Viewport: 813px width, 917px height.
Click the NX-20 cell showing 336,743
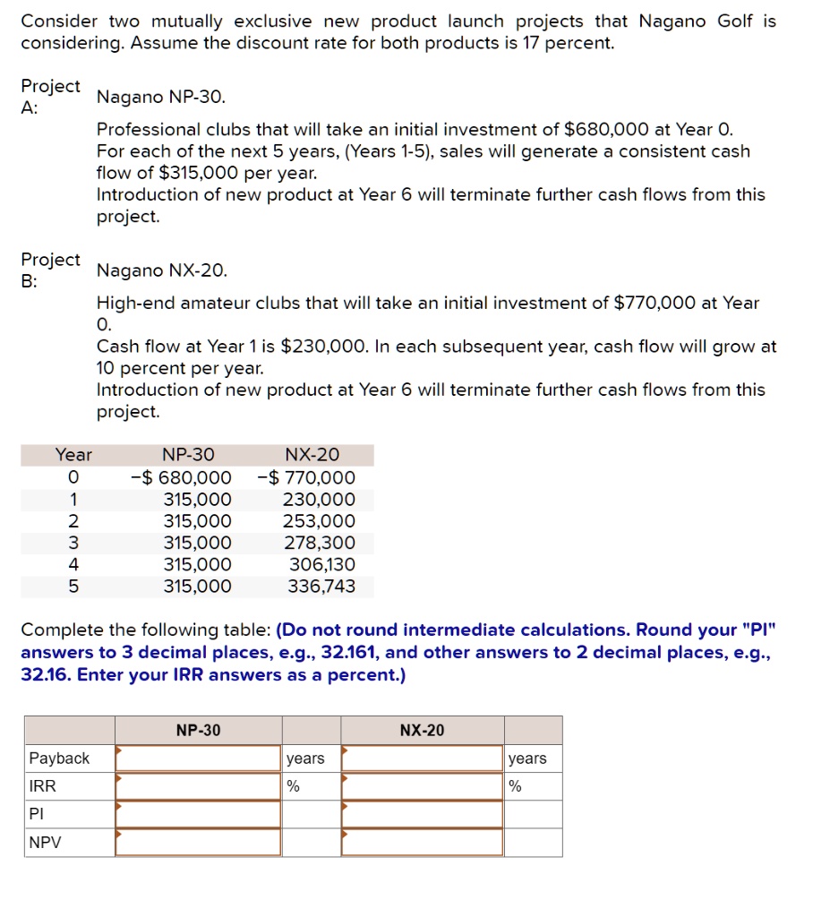pyautogui.click(x=321, y=587)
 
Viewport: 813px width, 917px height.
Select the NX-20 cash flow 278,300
pyautogui.click(x=320, y=543)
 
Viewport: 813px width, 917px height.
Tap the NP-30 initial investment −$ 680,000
pyautogui.click(x=181, y=478)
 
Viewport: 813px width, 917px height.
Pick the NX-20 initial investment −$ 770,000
pyautogui.click(x=306, y=478)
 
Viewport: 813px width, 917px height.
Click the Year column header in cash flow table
pyautogui.click(x=73, y=455)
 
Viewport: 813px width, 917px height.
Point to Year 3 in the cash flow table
pyautogui.click(x=73, y=543)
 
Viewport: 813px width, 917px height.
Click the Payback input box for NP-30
pyautogui.click(x=199, y=758)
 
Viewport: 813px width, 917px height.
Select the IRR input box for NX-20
pyautogui.click(x=423, y=786)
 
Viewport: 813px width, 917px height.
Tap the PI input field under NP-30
pyautogui.click(x=199, y=814)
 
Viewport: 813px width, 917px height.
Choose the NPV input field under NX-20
pyautogui.click(x=423, y=842)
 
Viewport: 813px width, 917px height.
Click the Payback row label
pyautogui.click(x=60, y=758)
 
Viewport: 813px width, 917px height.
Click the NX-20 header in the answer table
pyautogui.click(x=422, y=731)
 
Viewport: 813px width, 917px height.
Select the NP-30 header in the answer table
pyautogui.click(x=198, y=731)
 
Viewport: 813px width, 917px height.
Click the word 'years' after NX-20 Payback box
pyautogui.click(x=527, y=758)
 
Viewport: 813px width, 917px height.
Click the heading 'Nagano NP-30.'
pyautogui.click(x=161, y=97)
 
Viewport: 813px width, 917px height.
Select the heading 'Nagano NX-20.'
pyautogui.click(x=162, y=270)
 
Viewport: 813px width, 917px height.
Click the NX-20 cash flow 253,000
pyautogui.click(x=320, y=521)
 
